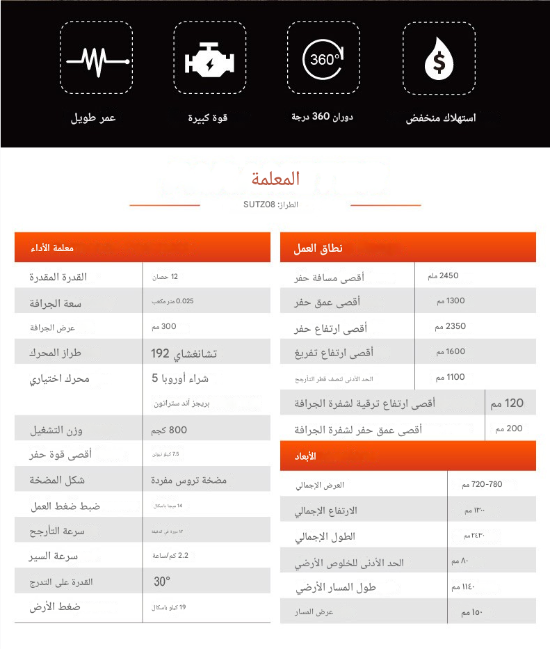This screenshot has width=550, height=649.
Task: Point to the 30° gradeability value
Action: (162, 582)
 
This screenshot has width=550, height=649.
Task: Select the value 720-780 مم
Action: (486, 484)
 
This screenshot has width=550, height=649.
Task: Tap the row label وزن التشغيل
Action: (56, 431)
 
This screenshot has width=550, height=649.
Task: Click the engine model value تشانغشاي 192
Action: (184, 353)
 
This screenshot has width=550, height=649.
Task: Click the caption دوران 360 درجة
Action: (323, 117)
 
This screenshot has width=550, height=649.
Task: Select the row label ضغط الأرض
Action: (55, 607)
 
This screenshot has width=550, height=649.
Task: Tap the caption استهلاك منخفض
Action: (441, 118)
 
